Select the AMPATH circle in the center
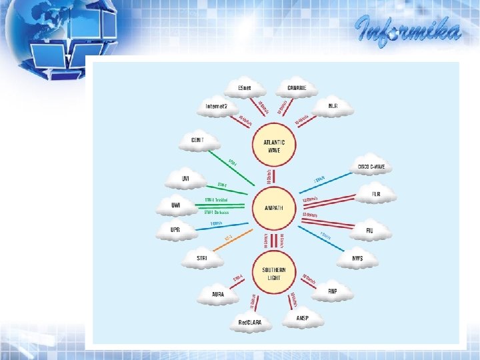(x=273, y=209)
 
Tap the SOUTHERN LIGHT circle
(x=273, y=273)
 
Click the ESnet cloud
(x=243, y=89)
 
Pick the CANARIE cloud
(x=297, y=89)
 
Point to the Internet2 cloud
(x=217, y=106)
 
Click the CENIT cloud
(x=197, y=141)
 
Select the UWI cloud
(x=176, y=206)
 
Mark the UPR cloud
(x=175, y=230)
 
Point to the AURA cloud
(x=217, y=294)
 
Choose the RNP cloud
(x=332, y=292)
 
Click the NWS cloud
(x=359, y=258)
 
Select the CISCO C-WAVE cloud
(x=371, y=167)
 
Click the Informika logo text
(x=408, y=30)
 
